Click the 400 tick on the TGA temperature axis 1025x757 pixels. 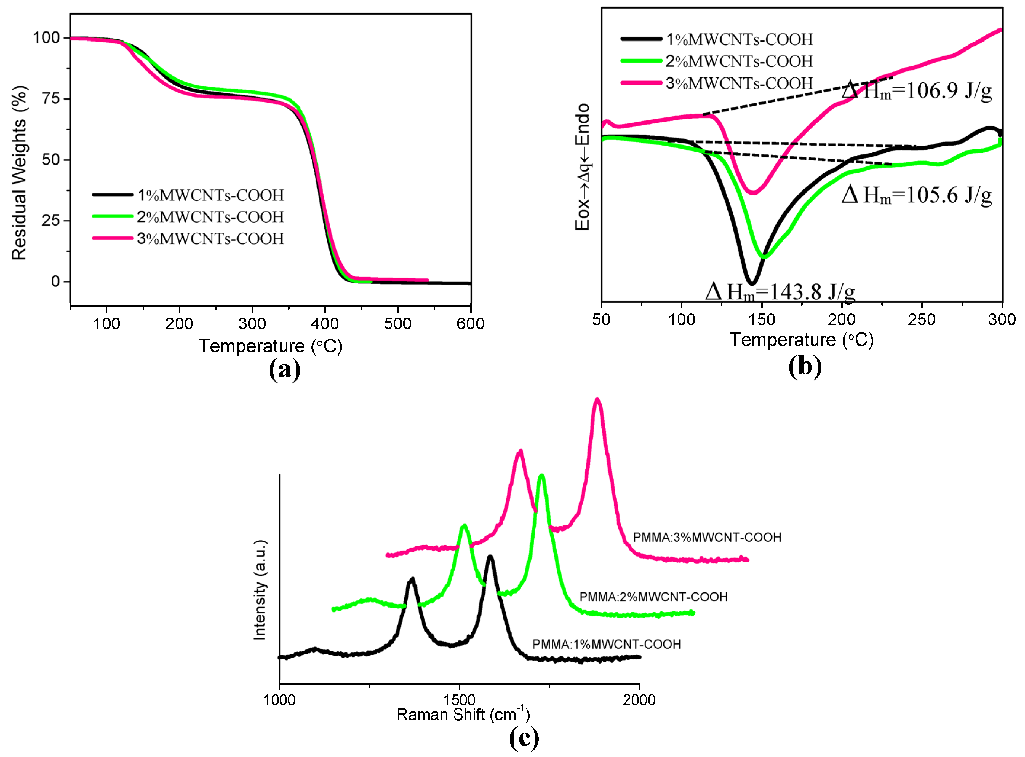tap(325, 323)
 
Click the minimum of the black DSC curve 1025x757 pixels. tap(751, 283)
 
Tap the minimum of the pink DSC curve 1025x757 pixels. tap(752, 192)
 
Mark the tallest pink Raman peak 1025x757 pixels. tap(597, 400)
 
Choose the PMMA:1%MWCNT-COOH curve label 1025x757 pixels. tap(606, 644)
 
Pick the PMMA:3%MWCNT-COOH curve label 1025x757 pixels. tap(707, 537)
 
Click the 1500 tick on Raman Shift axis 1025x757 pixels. tap(459, 700)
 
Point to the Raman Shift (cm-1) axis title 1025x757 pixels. tap(463, 715)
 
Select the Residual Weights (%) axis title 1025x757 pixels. tap(19, 173)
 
